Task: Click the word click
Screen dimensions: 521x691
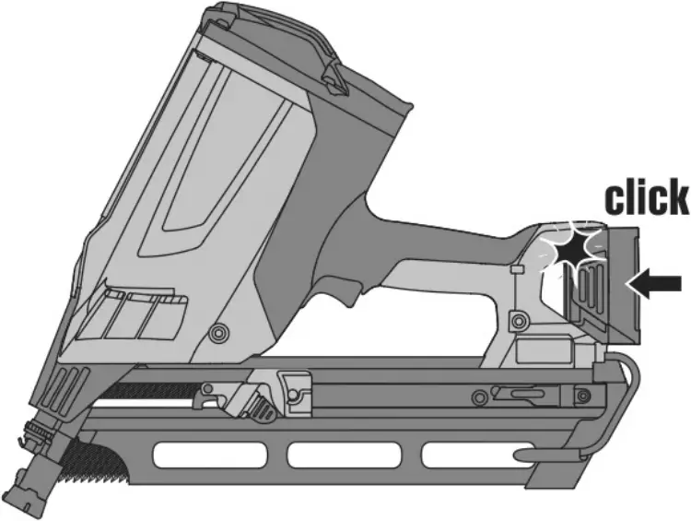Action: pos(645,198)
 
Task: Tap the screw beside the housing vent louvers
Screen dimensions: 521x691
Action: pos(219,330)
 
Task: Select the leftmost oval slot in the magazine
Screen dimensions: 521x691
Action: pos(210,455)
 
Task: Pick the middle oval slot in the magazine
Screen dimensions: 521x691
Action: pos(345,455)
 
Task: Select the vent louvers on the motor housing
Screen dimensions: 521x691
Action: pos(138,314)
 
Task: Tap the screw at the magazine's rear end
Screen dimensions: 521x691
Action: pos(582,397)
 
